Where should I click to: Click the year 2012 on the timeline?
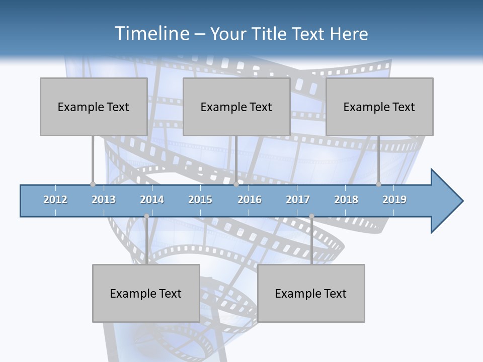(55, 200)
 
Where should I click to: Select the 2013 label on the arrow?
(104, 200)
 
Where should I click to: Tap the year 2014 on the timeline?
(152, 200)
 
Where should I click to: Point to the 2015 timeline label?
(200, 200)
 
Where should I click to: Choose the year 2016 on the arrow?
(250, 200)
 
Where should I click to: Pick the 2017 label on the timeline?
(298, 200)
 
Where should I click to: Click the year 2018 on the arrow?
(346, 200)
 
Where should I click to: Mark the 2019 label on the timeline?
(394, 200)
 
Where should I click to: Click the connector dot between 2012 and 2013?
(93, 185)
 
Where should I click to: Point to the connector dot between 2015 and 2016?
(236, 185)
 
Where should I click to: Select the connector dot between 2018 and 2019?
(379, 185)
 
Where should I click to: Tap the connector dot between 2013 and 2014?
(146, 216)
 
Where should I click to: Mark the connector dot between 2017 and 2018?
(311, 216)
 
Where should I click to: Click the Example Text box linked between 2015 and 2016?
(236, 107)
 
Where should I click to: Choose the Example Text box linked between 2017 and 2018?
(310, 293)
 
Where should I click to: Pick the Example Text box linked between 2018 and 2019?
(379, 107)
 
